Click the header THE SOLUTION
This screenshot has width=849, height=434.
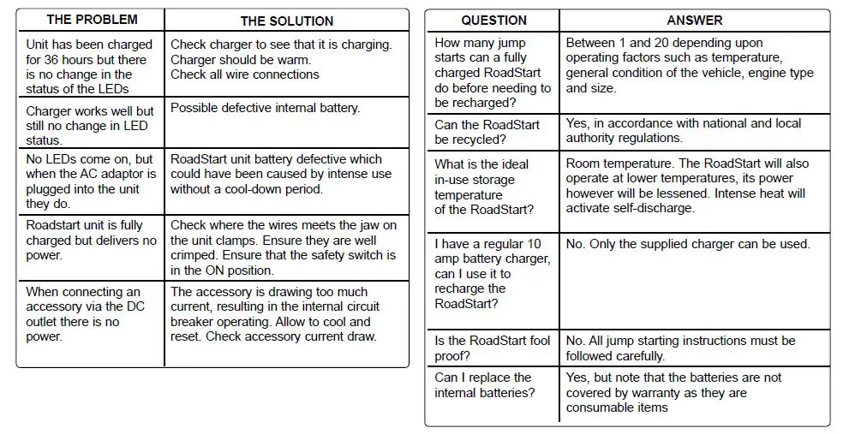coord(286,21)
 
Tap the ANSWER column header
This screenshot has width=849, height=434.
coord(694,21)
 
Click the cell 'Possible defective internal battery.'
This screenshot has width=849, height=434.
coord(265,108)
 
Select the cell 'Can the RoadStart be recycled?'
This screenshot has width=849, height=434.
coord(487,132)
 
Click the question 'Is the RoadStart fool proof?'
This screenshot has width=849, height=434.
coord(493,348)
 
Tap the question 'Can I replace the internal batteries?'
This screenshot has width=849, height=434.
coord(484,385)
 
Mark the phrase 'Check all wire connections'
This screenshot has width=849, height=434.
coord(245,74)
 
